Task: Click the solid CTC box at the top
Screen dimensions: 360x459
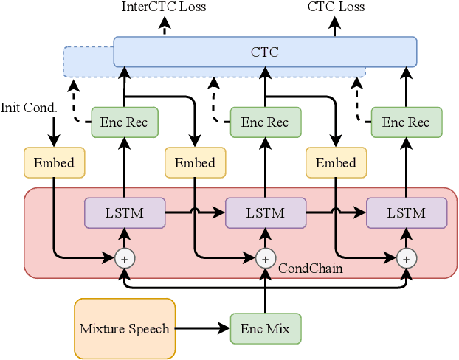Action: (x=265, y=52)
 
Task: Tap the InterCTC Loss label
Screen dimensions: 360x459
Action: (x=164, y=7)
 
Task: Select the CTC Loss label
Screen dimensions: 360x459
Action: (x=335, y=7)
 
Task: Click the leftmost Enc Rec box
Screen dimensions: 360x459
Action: (x=125, y=122)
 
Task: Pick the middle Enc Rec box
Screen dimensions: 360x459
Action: (x=265, y=122)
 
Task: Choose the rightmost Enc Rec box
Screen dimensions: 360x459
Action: (x=406, y=122)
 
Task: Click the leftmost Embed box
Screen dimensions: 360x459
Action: (x=54, y=162)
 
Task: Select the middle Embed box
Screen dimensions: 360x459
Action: (x=195, y=162)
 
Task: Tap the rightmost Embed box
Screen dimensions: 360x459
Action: (x=336, y=162)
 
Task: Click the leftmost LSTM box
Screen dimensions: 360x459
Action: (x=125, y=212)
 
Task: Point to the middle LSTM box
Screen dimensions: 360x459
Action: (x=265, y=212)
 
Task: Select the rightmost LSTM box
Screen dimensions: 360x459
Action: (x=406, y=212)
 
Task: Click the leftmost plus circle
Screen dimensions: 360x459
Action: (x=125, y=258)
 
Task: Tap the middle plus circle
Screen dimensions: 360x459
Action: (x=265, y=258)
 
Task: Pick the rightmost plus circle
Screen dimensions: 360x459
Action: (x=406, y=258)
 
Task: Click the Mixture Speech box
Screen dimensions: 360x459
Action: (x=124, y=329)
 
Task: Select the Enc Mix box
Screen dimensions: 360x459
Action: (x=265, y=329)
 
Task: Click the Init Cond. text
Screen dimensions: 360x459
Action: (x=29, y=108)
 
